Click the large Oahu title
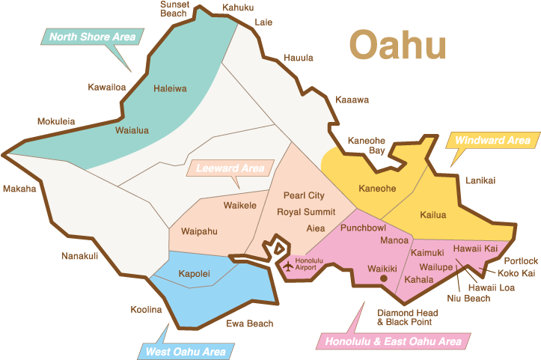coord(397,46)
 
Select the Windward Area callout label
coord(492,140)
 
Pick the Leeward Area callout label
coord(230,168)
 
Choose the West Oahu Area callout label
coord(185,351)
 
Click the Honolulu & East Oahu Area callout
coord(393,342)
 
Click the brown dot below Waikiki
coord(383,278)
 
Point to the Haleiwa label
coord(170,88)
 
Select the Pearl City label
coord(304,195)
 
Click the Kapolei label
coord(194,274)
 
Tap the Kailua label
coord(432,215)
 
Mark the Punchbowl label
coord(363,227)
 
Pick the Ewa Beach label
coord(250,323)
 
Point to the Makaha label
coord(19,189)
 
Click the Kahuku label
coord(238,7)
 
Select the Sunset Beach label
coord(174,9)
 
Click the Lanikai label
coord(480,180)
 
